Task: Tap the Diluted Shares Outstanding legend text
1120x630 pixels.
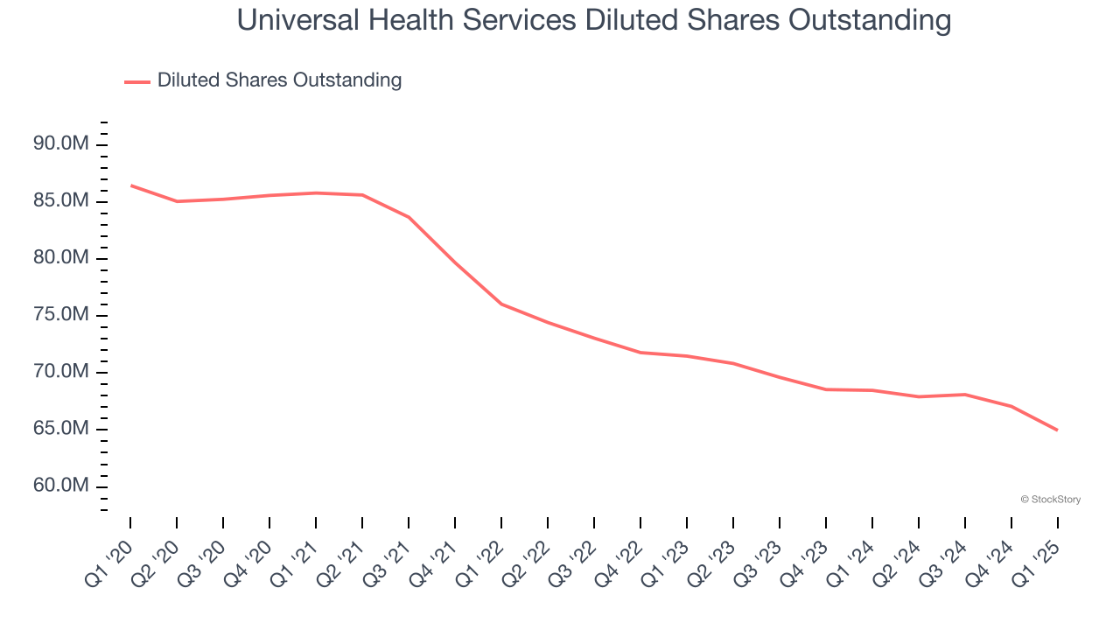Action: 279,80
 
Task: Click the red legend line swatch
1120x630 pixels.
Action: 137,81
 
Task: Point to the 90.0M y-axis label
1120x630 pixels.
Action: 61,143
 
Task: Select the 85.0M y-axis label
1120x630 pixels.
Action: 61,200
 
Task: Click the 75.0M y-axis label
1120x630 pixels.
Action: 61,314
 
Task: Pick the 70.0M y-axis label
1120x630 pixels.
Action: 61,371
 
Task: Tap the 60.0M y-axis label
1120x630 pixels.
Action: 61,486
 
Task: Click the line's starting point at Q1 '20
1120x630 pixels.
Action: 130,185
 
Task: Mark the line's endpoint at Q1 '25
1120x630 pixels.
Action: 1057,430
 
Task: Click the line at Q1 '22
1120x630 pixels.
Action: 501,304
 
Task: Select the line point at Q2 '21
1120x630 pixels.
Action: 362,195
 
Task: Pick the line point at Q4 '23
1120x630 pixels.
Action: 826,389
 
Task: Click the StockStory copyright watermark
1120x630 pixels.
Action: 1051,500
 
